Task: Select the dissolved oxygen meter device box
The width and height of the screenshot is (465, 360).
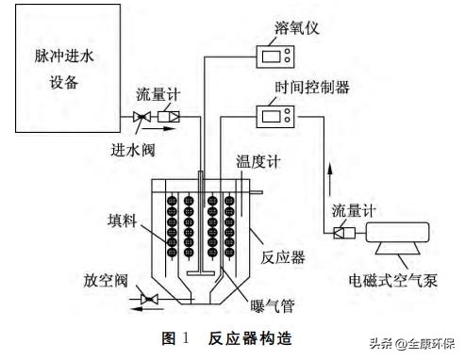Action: coord(278,56)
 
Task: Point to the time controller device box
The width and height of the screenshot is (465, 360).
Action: coord(278,118)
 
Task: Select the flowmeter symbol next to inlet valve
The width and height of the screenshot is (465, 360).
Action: coord(171,117)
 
